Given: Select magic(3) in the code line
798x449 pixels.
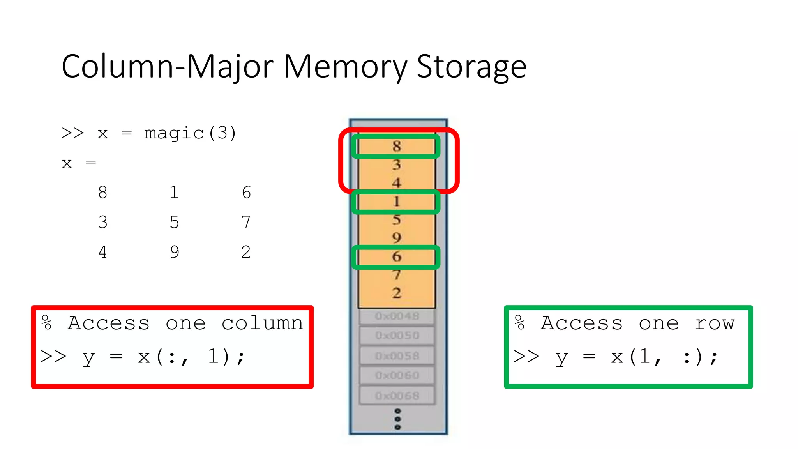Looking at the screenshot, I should coord(190,133).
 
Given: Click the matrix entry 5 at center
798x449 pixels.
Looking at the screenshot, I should coord(174,222).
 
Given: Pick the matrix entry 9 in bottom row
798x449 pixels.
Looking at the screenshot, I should coord(175,252).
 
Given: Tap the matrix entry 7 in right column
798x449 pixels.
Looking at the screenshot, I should coord(246,222).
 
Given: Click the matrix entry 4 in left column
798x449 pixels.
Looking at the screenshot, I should coord(102,252).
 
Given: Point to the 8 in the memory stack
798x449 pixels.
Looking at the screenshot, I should coord(397,146).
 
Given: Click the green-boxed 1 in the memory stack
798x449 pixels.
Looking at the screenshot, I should coord(397,202).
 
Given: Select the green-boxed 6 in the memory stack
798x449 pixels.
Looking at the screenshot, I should coord(397,256).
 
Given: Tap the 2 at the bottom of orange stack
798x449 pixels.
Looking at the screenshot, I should coord(397,293).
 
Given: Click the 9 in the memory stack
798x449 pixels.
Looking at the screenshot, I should coord(397,238).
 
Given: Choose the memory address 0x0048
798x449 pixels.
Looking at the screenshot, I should coord(397,316).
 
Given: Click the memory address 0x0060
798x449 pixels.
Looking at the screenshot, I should coord(397,375).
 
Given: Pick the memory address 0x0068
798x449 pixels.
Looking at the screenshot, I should coord(397,396).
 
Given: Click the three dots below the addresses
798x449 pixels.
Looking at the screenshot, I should coord(397,419).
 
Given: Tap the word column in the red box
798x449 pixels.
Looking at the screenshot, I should coord(262,323).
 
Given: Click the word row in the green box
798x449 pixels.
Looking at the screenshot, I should coord(715,323).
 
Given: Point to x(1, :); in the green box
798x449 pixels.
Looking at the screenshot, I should coord(665,357).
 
